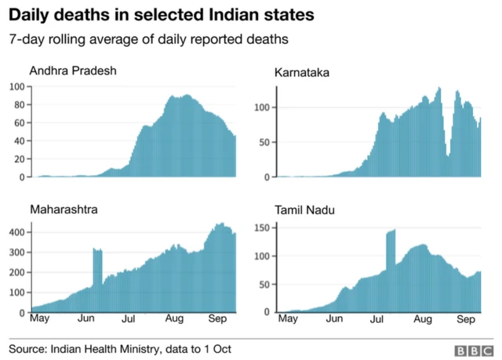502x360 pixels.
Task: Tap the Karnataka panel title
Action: (x=301, y=73)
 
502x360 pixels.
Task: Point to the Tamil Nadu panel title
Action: (x=304, y=210)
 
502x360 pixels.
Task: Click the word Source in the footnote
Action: (x=28, y=348)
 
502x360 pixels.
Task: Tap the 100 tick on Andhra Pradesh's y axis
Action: (x=16, y=85)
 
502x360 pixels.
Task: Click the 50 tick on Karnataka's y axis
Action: (x=264, y=143)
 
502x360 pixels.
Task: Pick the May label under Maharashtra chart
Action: (x=38, y=320)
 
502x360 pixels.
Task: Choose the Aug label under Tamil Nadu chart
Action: (x=422, y=320)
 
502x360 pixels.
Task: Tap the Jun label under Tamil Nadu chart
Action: (x=334, y=320)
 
